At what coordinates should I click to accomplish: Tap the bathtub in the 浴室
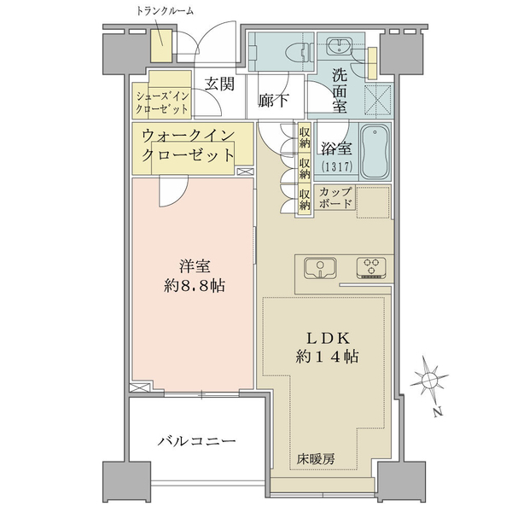(x=375, y=151)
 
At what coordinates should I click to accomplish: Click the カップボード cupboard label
(x=334, y=198)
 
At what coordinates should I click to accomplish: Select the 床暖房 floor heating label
(x=317, y=458)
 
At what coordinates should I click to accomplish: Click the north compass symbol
(x=431, y=379)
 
